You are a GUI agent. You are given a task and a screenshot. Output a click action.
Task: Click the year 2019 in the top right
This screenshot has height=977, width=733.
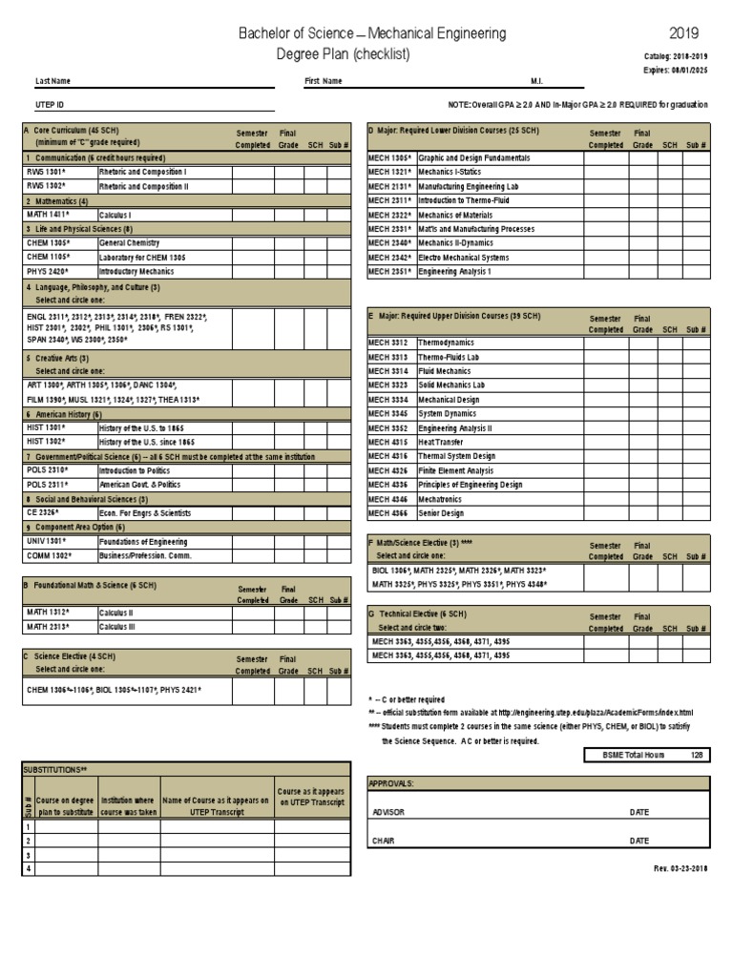click(x=683, y=34)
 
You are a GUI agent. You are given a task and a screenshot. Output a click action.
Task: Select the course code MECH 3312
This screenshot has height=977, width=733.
click(x=387, y=343)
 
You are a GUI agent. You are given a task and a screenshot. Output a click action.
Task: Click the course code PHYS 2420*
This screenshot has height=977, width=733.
click(x=47, y=272)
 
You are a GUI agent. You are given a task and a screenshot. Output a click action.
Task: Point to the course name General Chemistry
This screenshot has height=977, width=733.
click(x=129, y=243)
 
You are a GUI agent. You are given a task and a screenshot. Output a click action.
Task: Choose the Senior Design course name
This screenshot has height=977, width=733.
click(x=441, y=513)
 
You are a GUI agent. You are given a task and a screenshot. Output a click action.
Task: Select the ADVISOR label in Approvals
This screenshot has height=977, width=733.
click(x=388, y=813)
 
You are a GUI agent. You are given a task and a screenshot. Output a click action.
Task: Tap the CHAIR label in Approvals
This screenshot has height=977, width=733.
click(x=383, y=842)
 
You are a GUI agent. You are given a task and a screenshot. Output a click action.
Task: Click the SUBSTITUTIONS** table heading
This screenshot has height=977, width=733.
click(x=55, y=768)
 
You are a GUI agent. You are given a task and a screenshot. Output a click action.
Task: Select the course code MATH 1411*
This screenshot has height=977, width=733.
click(x=47, y=216)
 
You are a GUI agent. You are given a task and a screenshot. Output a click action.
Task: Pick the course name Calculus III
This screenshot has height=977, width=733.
click(x=119, y=628)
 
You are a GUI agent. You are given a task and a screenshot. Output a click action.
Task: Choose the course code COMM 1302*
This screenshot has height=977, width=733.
click(x=49, y=556)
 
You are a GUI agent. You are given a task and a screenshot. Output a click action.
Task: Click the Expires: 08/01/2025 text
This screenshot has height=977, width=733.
click(x=676, y=70)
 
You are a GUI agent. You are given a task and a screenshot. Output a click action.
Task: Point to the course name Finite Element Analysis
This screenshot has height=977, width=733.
click(x=455, y=470)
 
